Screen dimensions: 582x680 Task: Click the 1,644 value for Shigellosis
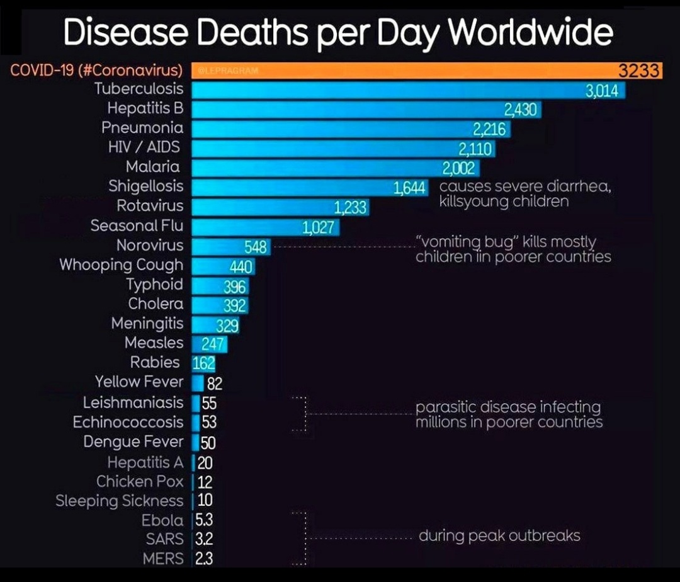tap(410, 188)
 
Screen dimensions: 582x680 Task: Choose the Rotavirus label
tap(150, 206)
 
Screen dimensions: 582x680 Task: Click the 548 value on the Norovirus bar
tap(256, 247)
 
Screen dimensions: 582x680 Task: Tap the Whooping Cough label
tap(121, 265)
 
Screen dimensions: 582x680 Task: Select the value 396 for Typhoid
tap(235, 287)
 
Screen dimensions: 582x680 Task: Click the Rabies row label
tap(155, 362)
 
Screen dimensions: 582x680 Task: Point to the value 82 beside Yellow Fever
tap(215, 384)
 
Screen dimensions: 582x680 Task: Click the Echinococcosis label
tap(128, 421)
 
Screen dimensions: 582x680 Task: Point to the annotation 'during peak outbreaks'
tap(499, 537)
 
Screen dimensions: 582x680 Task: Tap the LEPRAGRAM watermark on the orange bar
tap(223, 71)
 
